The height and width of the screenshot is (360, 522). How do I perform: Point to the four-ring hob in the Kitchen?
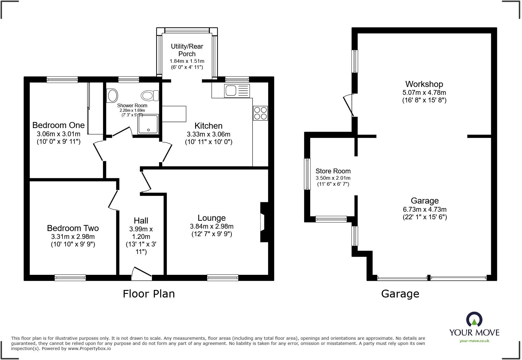(x=260, y=113)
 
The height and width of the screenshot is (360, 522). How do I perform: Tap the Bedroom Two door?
(x=113, y=200)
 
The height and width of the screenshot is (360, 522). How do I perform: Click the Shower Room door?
(x=121, y=132)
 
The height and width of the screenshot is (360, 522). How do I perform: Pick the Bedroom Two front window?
(x=70, y=278)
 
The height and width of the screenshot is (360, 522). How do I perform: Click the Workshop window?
(x=355, y=61)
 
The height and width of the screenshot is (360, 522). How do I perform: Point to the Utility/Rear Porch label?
(x=187, y=50)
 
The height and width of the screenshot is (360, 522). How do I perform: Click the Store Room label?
(x=333, y=171)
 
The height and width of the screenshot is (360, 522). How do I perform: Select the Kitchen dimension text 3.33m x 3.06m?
(x=208, y=134)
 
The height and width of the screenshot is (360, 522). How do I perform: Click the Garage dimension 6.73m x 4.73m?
(x=424, y=209)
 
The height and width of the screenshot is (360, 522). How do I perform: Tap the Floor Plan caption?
(x=149, y=294)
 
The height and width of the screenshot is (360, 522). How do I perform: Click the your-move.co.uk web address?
(x=474, y=341)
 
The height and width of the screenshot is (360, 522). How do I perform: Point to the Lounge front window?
(x=223, y=278)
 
